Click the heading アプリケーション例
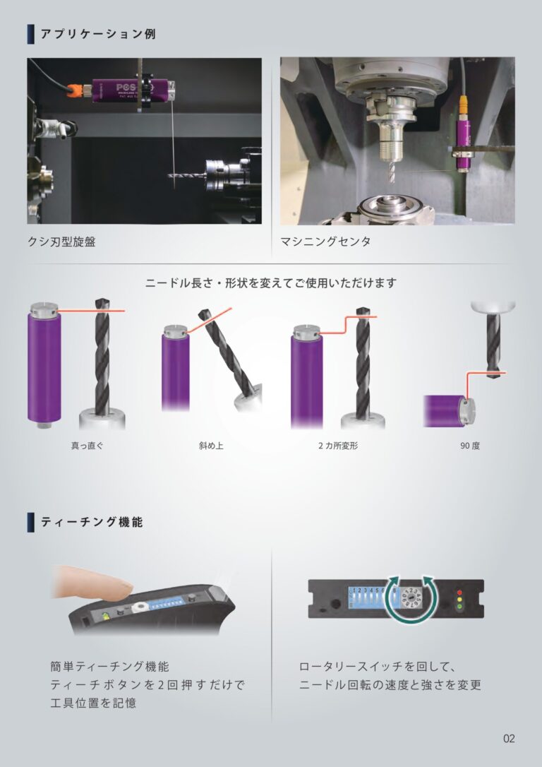98,34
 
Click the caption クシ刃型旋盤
61,242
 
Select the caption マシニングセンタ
325,242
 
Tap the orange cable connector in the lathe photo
74,90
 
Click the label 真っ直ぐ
88,446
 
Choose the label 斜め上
211,446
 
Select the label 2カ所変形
338,446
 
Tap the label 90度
470,446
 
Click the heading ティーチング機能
92,522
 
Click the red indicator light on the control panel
459,593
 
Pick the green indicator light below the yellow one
459,607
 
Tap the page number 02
509,738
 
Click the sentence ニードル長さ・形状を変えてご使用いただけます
271,283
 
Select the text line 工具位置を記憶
93,703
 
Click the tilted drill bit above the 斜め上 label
228,352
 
